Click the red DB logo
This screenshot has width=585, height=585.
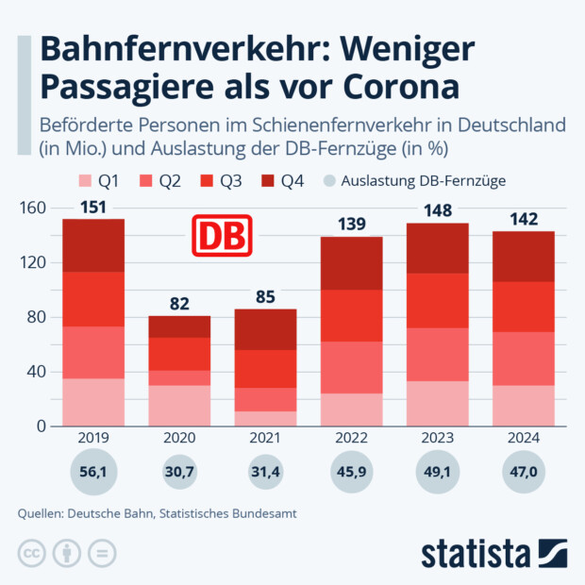click(223, 236)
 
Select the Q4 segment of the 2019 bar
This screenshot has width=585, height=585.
click(93, 245)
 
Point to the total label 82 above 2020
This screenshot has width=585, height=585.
click(179, 303)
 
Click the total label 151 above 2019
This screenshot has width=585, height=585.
click(93, 207)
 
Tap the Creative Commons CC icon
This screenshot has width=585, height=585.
click(32, 553)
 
